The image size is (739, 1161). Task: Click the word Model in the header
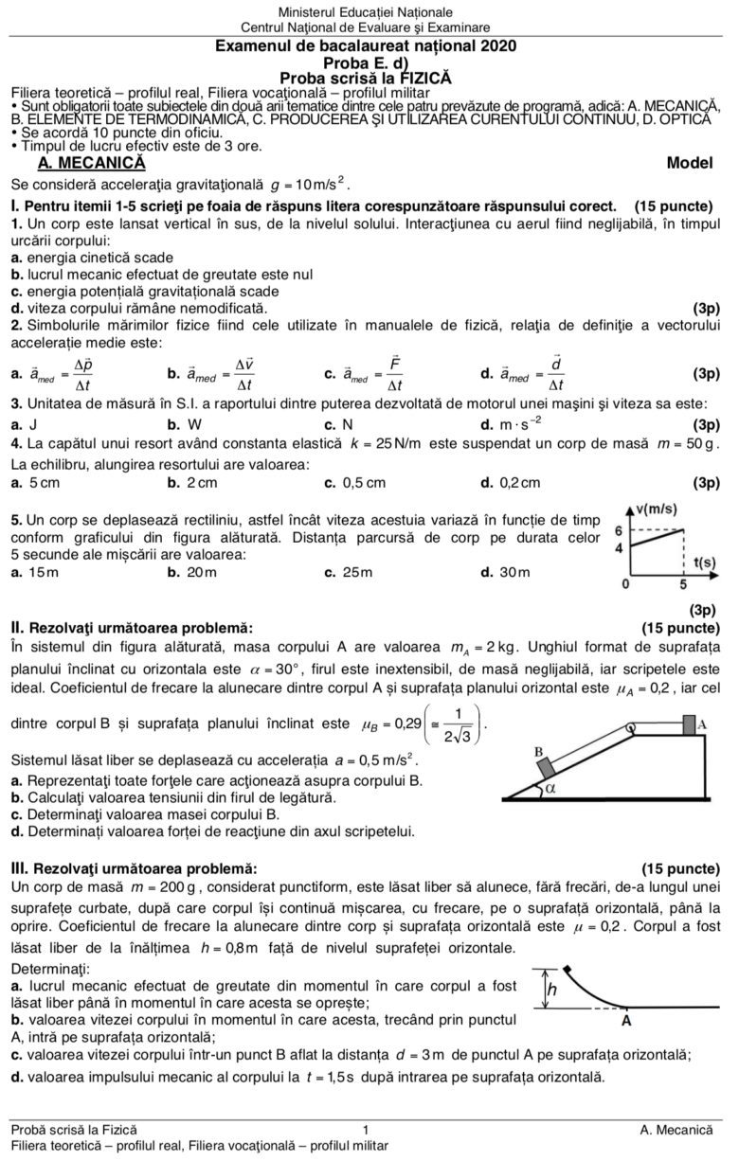coord(689,163)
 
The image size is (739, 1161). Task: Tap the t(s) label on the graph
coord(703,562)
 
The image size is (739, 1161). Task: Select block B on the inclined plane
coord(544,765)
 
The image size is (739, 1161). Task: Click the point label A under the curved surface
coord(626,1022)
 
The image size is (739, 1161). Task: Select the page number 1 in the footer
coord(366,1129)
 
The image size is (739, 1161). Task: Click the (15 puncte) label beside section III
coord(680,867)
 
